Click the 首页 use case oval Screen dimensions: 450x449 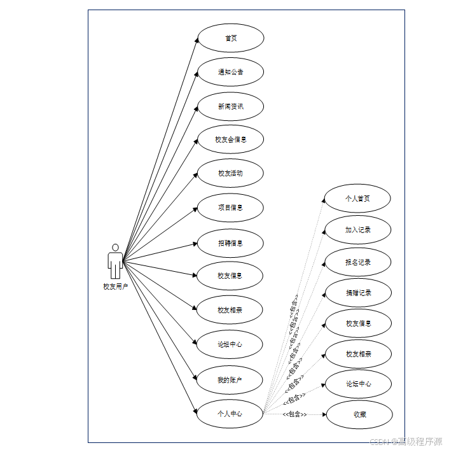[x=230, y=38]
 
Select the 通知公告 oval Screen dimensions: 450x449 [x=230, y=72]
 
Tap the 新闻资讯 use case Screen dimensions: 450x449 [x=230, y=106]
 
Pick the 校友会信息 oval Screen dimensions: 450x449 [x=230, y=139]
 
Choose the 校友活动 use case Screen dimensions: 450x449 [x=230, y=173]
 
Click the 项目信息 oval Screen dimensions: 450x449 [x=230, y=207]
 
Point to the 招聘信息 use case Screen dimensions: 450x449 [x=230, y=243]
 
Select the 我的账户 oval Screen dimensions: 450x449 [x=230, y=380]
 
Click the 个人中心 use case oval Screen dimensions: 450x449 [x=230, y=414]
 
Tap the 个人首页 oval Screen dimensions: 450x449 [x=357, y=199]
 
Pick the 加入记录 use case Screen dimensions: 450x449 [x=357, y=230]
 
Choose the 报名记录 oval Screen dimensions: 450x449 [x=357, y=262]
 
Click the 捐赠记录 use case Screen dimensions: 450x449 [x=357, y=293]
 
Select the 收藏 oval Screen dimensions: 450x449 [x=359, y=414]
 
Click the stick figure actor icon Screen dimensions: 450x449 [x=115, y=262]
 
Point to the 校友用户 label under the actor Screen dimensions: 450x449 [x=116, y=286]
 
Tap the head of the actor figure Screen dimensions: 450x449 [x=115, y=247]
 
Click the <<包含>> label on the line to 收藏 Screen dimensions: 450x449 [x=294, y=414]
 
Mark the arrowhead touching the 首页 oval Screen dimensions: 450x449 [x=197, y=40]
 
